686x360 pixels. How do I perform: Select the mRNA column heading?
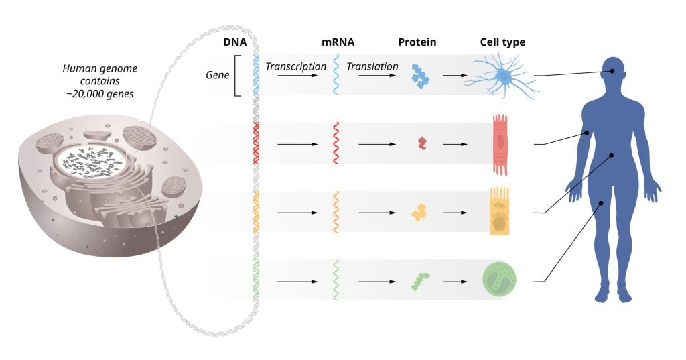tap(338, 42)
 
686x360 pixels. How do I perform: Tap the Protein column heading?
tap(417, 42)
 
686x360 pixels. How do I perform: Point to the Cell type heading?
tap(502, 42)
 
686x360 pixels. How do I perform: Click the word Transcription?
tap(295, 67)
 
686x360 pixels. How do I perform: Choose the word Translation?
tap(372, 67)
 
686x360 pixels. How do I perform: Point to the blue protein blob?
tap(420, 77)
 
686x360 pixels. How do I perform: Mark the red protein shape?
tap(421, 143)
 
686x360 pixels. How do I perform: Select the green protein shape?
tap(420, 280)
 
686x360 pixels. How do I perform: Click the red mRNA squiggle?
tap(336, 143)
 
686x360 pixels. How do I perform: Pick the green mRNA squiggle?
tap(336, 280)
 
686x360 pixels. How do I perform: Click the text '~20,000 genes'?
tap(98, 94)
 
